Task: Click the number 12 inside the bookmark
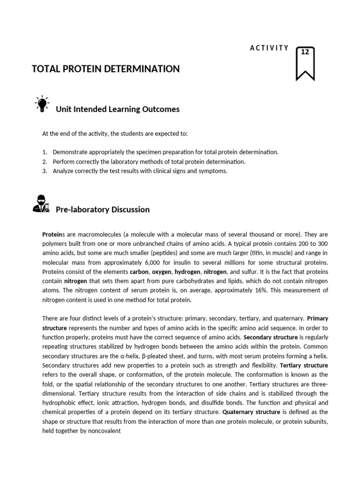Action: (x=305, y=52)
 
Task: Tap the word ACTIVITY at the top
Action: (x=269, y=48)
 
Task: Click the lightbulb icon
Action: (x=42, y=104)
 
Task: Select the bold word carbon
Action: (x=139, y=272)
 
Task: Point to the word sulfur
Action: (x=254, y=272)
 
